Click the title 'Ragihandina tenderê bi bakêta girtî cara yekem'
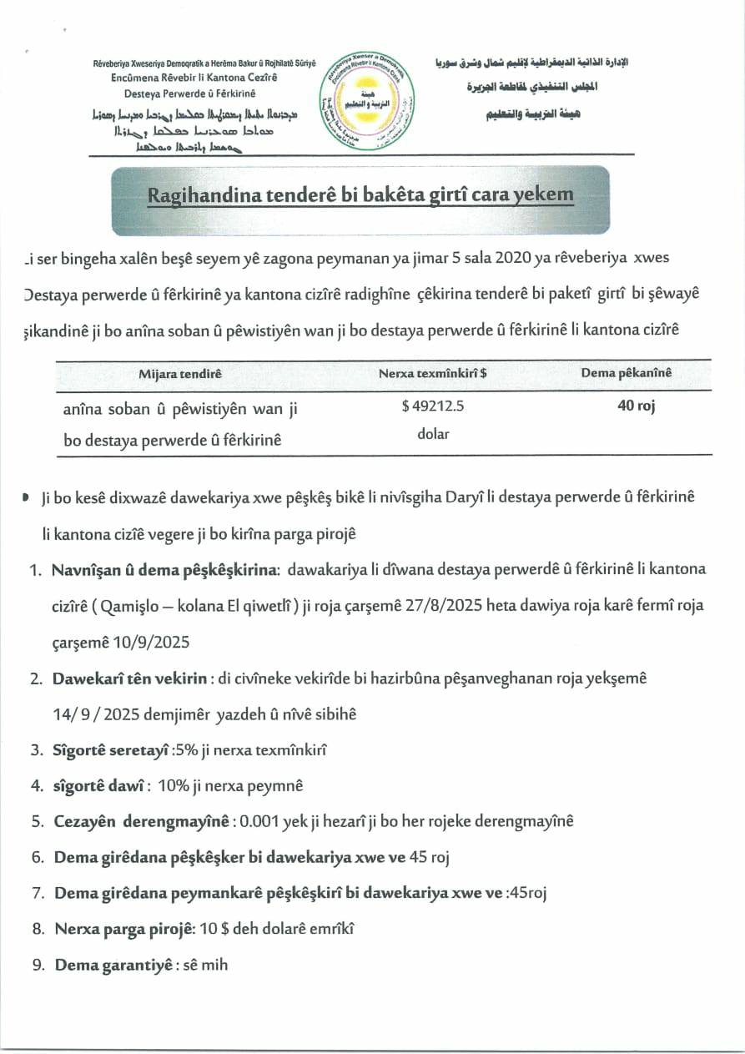click(360, 195)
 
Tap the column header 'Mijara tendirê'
click(179, 374)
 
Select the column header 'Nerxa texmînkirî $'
click(433, 374)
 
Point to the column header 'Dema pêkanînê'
click(626, 373)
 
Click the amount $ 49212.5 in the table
click(432, 408)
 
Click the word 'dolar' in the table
click(433, 434)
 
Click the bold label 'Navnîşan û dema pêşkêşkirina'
click(164, 570)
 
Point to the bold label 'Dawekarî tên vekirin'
click(129, 678)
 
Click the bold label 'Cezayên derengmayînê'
click(141, 821)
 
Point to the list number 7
click(38, 893)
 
